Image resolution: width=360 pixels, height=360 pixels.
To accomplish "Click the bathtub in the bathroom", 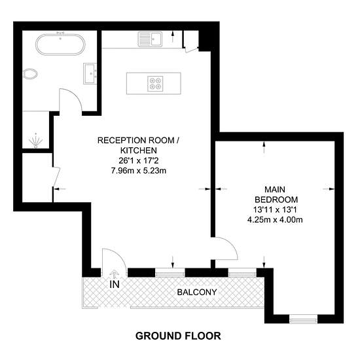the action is point(60,45).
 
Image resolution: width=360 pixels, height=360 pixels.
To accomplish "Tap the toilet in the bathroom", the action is point(30,74).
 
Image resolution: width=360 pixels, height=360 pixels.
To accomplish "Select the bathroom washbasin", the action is point(90,73).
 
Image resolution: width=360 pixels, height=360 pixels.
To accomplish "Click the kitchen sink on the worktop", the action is point(150,39).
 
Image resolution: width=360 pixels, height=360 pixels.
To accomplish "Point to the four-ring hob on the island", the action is point(155,84).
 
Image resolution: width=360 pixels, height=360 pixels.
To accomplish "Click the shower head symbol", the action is point(35,141).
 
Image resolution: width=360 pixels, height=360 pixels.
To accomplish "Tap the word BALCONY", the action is point(197,293).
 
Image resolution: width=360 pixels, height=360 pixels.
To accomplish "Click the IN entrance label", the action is point(115,285).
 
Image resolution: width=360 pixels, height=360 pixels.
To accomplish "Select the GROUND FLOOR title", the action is point(178,336).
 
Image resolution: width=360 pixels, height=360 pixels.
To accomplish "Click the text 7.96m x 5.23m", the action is point(139,171).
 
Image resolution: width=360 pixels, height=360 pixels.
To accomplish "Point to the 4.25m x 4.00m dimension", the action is point(275,220).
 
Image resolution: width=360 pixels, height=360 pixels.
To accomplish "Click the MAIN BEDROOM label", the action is point(276,194).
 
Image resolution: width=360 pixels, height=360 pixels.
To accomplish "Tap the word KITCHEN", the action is point(139,151).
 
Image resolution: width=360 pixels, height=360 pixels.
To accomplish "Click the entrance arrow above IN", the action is point(113,274).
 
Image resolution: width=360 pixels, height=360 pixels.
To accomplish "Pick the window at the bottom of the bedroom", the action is point(303,319).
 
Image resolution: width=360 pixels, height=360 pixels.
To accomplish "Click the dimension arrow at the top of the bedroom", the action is point(264,148).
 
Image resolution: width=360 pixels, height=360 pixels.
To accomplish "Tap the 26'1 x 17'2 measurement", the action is point(139,161).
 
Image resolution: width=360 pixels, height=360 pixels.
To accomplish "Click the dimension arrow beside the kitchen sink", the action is point(173,37).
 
